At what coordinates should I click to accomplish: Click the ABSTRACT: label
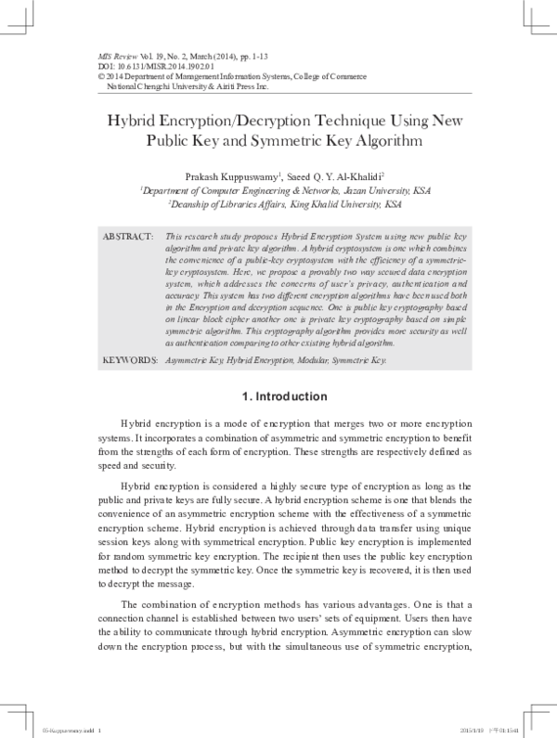point(127,239)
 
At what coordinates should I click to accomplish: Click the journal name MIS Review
point(118,57)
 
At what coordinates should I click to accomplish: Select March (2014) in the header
point(188,57)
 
